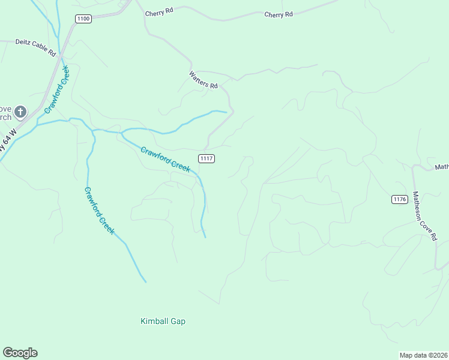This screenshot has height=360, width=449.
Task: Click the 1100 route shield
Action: coord(83,19)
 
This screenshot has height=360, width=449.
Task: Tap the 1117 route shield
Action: coord(206,158)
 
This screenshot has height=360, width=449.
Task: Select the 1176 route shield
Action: coord(400,199)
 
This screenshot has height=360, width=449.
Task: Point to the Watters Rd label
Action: coord(203,80)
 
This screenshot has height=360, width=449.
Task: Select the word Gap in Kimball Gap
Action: coord(177,322)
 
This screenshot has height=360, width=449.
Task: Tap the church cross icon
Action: coord(20,111)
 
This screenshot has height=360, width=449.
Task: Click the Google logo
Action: coord(20,353)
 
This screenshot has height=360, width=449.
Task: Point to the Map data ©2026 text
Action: coord(423,355)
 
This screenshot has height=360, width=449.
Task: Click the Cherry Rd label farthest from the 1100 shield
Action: coord(279,14)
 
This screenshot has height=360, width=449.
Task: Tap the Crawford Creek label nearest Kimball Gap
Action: coord(99,211)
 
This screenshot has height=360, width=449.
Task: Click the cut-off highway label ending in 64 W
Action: coord(7,142)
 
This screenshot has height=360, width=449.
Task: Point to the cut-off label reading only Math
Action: coord(442,167)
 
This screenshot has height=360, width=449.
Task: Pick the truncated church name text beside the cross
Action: coord(5,112)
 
